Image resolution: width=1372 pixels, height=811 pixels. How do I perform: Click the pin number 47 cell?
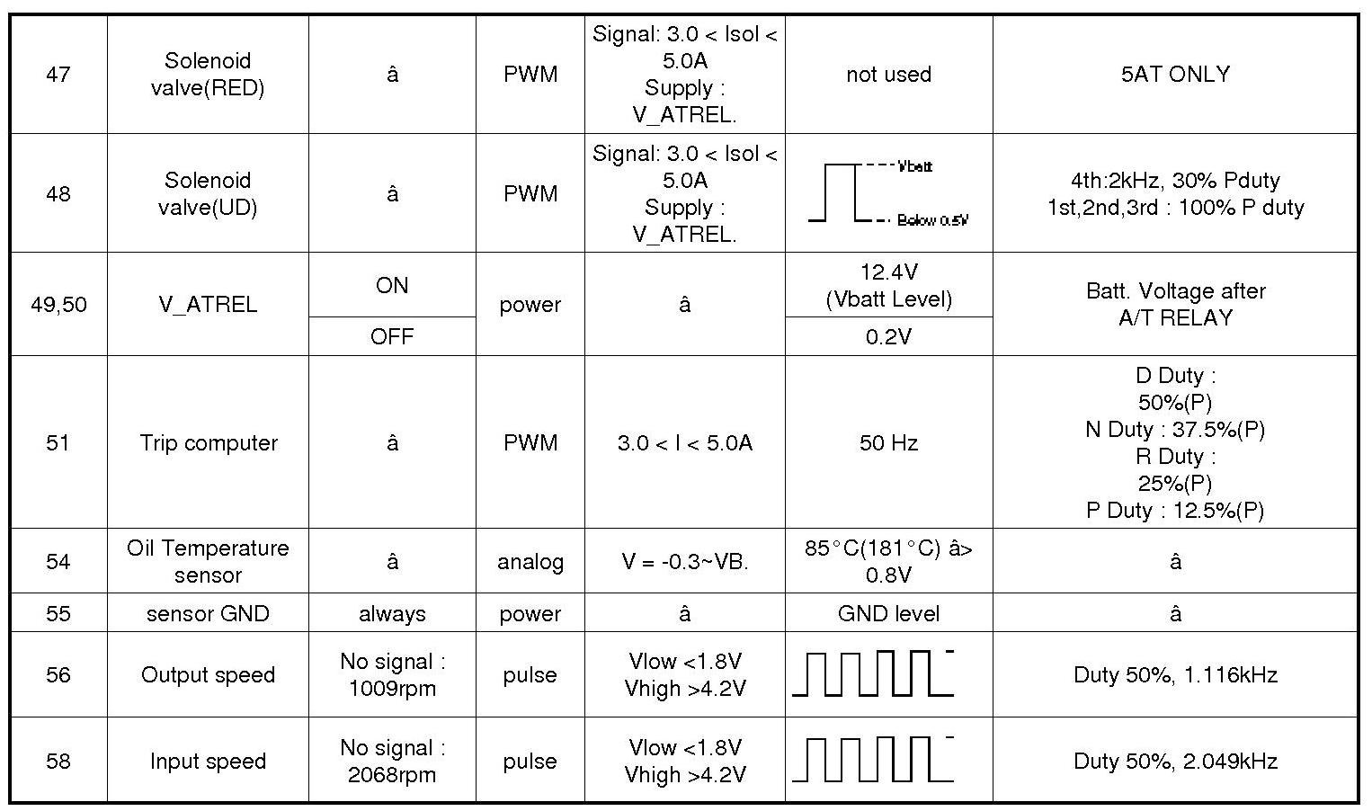(x=58, y=75)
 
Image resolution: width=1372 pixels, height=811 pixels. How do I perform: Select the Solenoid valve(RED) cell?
(x=208, y=75)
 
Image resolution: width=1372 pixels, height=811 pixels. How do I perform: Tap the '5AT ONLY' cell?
(x=1174, y=75)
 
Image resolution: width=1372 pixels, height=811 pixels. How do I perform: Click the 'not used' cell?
(x=888, y=75)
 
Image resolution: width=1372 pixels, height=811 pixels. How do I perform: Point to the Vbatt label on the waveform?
(x=915, y=166)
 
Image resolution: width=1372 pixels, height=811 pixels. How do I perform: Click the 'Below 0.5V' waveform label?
(x=932, y=220)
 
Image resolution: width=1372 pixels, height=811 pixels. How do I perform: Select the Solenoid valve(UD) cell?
(x=208, y=193)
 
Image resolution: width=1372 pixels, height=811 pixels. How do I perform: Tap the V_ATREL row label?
(x=208, y=304)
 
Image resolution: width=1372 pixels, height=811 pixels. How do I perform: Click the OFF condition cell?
(x=392, y=336)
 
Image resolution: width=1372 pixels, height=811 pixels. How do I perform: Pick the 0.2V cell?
(x=888, y=336)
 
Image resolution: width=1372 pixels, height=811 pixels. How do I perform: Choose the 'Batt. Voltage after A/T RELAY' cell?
(x=1174, y=304)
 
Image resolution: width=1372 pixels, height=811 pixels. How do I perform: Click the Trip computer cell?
(x=208, y=442)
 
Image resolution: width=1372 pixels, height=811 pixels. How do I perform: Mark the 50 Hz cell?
(x=888, y=442)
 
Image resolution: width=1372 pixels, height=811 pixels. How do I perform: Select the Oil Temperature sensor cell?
(x=208, y=561)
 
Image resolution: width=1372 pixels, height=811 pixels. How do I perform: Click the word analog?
(x=530, y=562)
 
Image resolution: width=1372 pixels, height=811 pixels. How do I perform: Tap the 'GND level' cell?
(x=888, y=613)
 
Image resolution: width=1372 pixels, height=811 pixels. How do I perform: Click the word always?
(x=392, y=613)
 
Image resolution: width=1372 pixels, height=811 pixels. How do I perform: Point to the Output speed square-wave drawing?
(x=872, y=674)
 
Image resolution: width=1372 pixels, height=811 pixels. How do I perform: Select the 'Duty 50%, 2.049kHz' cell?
(x=1174, y=761)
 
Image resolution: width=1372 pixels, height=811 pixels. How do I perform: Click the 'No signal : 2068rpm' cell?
(x=392, y=761)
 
